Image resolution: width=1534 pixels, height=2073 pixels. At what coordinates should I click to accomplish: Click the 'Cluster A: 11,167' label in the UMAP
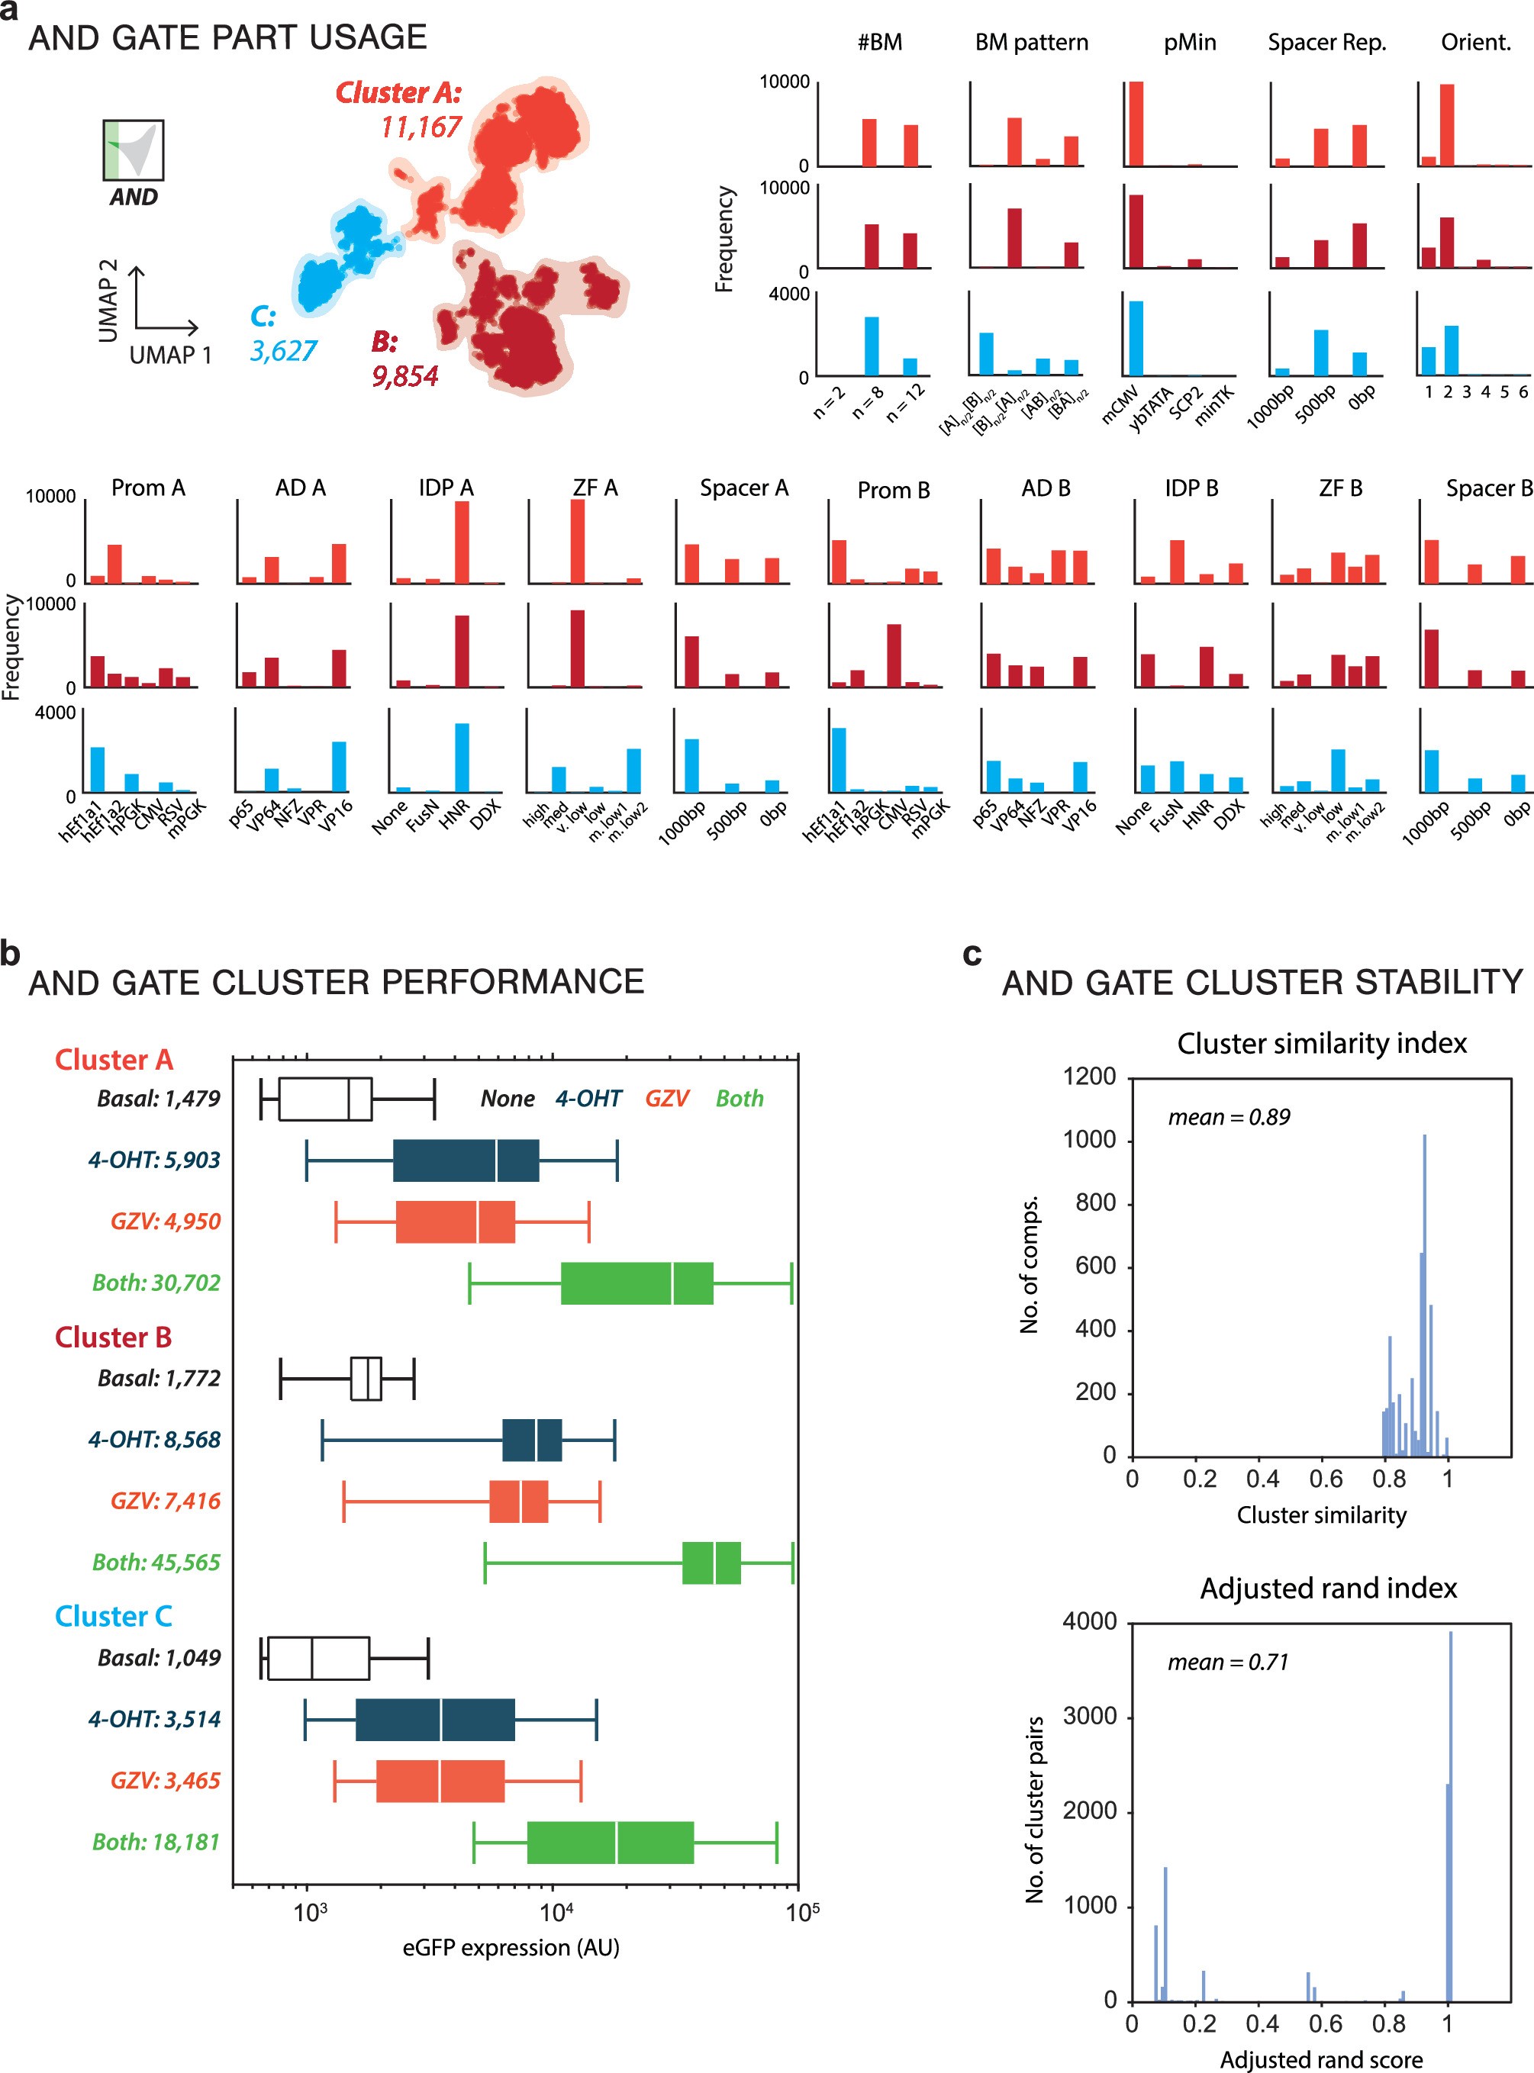[x=399, y=108]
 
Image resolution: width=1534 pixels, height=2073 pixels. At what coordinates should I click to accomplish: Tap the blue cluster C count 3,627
[x=283, y=351]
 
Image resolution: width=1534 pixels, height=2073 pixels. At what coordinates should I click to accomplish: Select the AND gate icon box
[x=134, y=150]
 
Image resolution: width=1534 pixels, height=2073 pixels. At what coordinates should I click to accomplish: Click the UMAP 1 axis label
[x=170, y=355]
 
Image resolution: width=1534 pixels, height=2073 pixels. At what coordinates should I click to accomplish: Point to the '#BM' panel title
[x=878, y=43]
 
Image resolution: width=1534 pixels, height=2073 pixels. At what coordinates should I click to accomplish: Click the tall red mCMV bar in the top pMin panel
[x=1135, y=124]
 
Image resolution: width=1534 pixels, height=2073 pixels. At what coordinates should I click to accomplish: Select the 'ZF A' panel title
[x=595, y=488]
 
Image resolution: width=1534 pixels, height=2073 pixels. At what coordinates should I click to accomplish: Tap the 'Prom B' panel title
[x=892, y=489]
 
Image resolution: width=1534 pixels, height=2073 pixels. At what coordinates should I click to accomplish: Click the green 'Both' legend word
[x=739, y=1098]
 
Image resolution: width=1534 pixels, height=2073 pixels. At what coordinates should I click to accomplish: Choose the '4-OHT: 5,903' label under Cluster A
[x=154, y=1160]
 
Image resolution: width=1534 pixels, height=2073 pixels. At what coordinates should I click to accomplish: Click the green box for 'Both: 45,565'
[x=711, y=1563]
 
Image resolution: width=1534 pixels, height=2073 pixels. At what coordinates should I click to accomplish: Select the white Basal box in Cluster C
[x=318, y=1659]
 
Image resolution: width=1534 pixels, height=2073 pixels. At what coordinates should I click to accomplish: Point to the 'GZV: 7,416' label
[x=166, y=1501]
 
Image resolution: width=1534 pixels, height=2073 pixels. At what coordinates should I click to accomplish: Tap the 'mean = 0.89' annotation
[x=1229, y=1117]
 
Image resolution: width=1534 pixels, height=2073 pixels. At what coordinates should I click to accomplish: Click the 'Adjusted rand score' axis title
[x=1320, y=2059]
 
